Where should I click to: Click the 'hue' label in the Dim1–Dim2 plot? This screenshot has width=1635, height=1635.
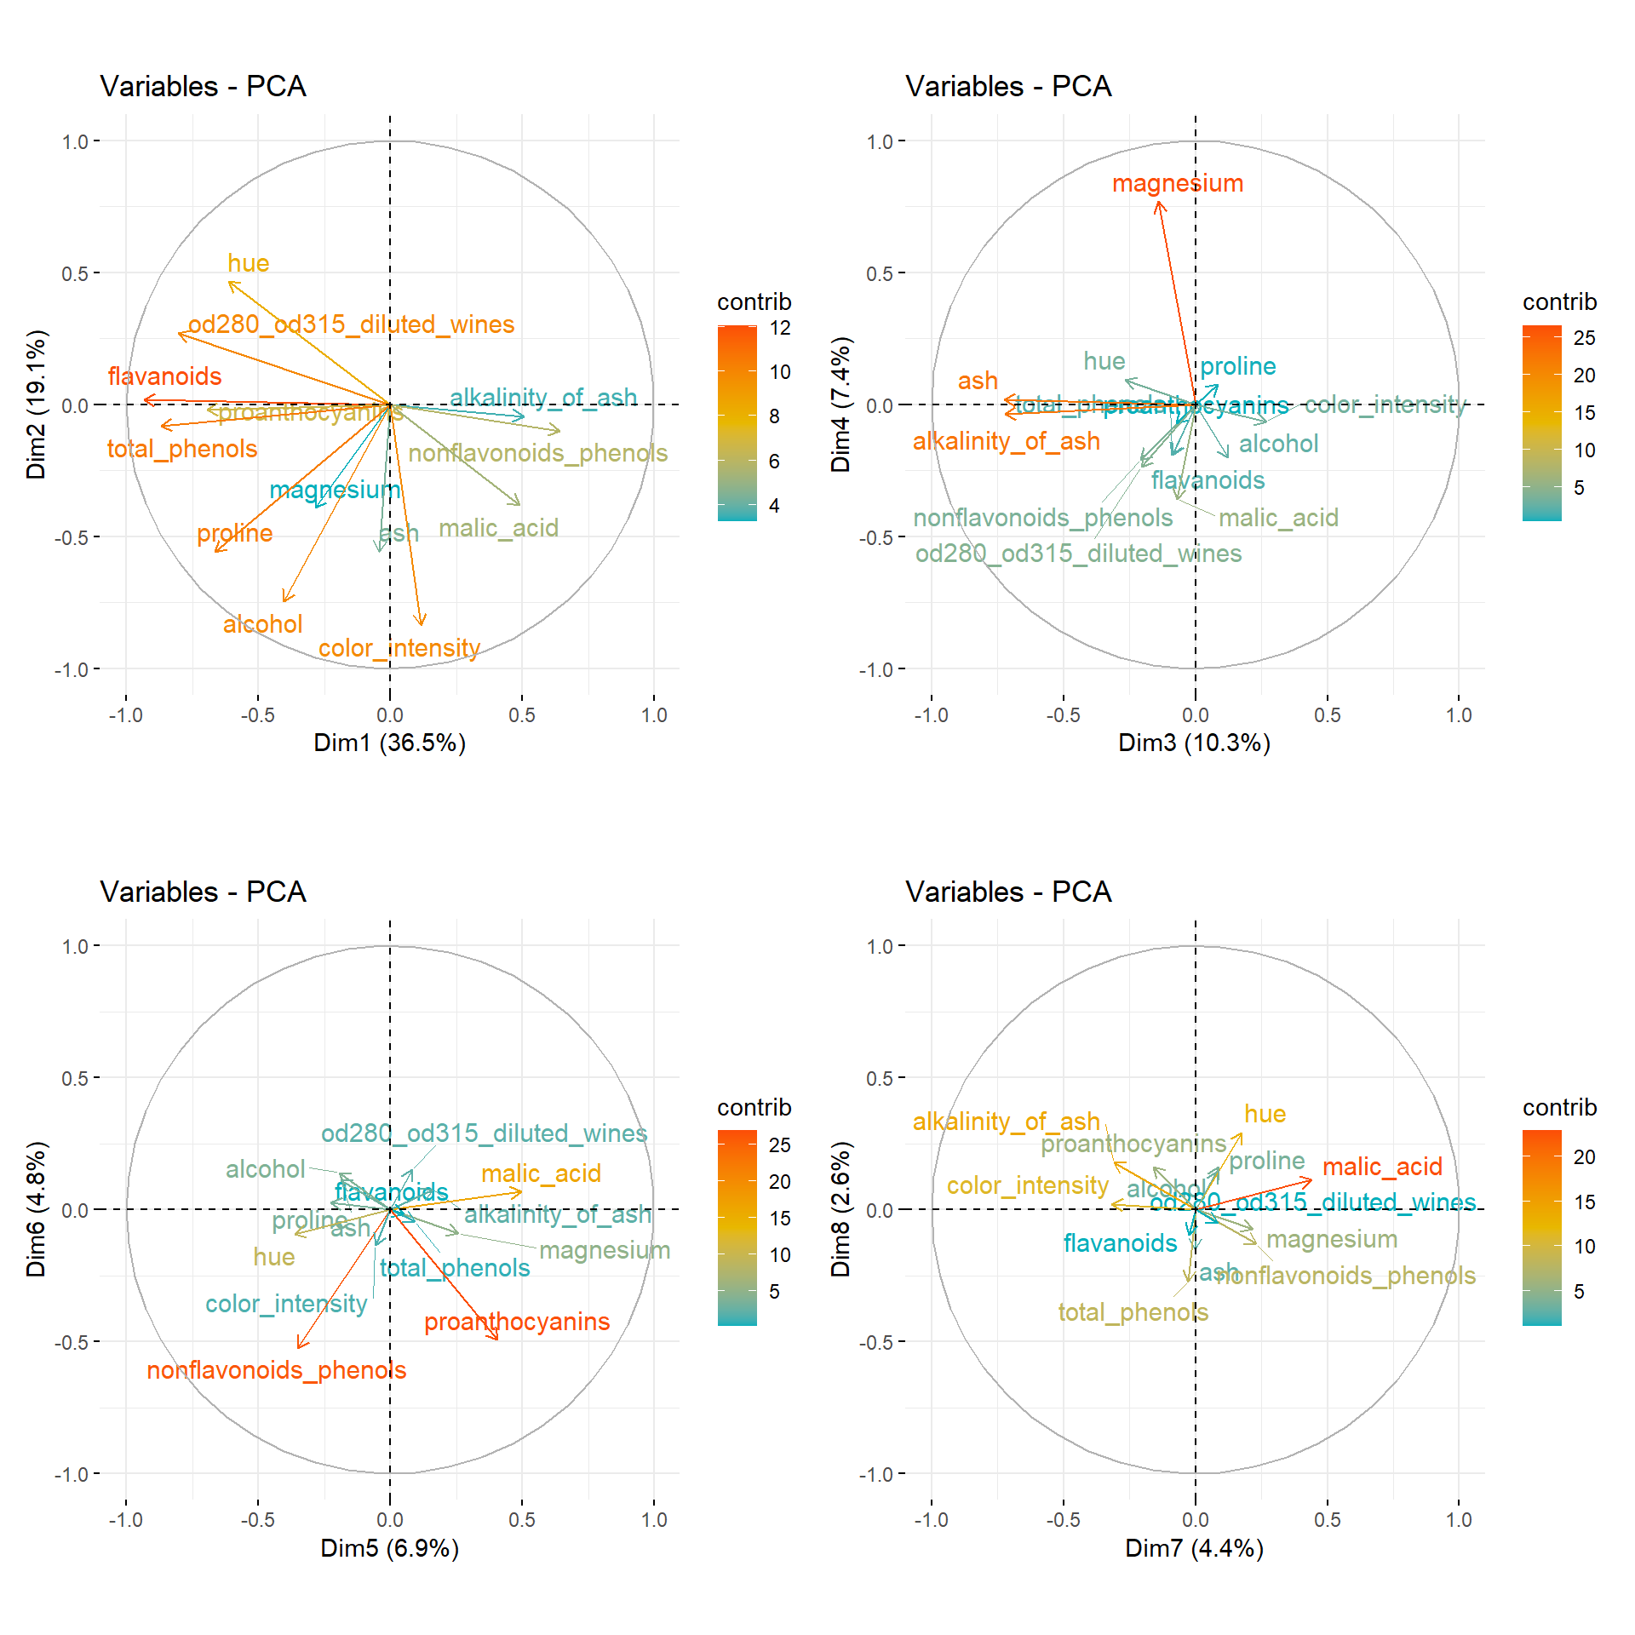click(x=248, y=264)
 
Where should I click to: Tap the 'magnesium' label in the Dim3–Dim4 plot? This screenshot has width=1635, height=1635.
click(x=1177, y=184)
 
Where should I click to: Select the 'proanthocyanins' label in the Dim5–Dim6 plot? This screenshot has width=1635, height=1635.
click(x=517, y=1322)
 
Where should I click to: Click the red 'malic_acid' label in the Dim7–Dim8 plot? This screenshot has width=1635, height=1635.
click(x=1382, y=1167)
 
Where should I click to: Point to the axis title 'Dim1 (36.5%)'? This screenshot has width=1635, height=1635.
click(x=389, y=743)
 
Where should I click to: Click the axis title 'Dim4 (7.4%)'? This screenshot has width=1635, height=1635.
click(x=840, y=404)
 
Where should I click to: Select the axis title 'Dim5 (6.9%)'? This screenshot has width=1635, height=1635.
click(x=389, y=1548)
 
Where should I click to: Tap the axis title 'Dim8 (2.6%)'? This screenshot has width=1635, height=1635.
click(x=840, y=1209)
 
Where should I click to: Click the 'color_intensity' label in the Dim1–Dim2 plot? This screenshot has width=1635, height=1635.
click(x=399, y=649)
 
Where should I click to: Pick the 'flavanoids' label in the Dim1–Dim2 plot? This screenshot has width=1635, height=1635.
click(x=164, y=376)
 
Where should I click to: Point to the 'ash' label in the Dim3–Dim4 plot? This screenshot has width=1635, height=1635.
click(x=978, y=381)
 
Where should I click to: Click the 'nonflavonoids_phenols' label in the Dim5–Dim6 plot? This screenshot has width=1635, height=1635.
click(x=276, y=1370)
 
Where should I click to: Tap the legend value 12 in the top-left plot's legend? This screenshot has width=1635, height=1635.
click(x=780, y=328)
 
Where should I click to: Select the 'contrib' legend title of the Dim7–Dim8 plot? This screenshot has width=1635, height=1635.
click(x=1559, y=1107)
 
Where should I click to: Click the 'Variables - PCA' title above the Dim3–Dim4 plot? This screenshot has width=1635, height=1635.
click(x=1008, y=87)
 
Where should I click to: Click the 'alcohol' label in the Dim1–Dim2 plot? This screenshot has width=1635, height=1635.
click(x=262, y=624)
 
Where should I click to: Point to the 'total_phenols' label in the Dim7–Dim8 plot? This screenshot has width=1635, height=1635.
click(x=1133, y=1312)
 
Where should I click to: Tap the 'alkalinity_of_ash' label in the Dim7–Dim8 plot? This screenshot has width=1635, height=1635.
click(x=1006, y=1122)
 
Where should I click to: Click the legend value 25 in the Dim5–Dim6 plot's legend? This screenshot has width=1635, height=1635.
click(x=780, y=1145)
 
